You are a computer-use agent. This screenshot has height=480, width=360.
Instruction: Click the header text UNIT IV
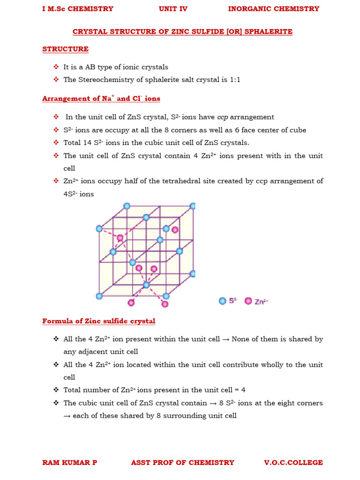[173, 8]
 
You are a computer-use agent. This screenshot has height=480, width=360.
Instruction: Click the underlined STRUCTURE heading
[65, 49]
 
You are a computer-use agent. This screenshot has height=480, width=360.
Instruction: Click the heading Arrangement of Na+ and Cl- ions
[101, 98]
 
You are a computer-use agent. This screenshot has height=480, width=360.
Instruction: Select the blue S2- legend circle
[223, 301]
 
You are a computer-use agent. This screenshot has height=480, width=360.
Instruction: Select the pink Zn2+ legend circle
[248, 301]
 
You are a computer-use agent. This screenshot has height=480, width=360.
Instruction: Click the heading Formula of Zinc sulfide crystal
[98, 321]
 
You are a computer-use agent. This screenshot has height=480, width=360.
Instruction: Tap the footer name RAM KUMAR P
[69, 463]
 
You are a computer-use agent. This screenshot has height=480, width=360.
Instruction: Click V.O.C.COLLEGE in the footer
[293, 463]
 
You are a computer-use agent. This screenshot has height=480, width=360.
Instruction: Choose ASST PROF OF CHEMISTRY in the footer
[182, 463]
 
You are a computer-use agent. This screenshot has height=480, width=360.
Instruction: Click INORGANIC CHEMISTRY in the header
[273, 8]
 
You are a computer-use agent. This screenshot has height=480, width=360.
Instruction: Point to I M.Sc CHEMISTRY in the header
[77, 8]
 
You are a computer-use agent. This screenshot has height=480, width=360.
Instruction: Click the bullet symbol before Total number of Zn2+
[56, 390]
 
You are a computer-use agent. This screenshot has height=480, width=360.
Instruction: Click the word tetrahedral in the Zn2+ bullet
[191, 181]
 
